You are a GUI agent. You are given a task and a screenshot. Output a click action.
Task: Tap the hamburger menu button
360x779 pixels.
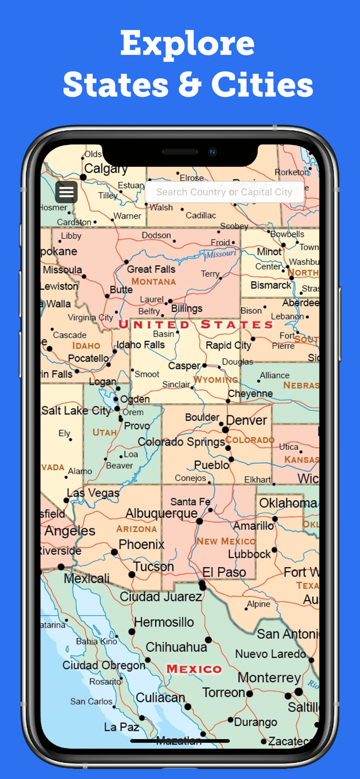[x=66, y=192]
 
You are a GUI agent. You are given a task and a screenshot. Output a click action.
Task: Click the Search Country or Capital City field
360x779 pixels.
[x=224, y=192]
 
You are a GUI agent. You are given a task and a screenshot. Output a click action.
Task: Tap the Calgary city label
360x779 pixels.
[x=106, y=169]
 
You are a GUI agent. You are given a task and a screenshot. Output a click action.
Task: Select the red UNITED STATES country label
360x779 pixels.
[x=196, y=325]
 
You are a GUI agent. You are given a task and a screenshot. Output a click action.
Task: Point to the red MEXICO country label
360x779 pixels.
[x=194, y=669]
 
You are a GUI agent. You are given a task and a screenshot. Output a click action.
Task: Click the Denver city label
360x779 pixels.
[x=247, y=420]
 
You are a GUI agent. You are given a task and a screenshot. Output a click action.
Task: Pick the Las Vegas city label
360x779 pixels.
[x=93, y=493]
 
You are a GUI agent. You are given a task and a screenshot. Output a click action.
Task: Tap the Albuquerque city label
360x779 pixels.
[x=162, y=514]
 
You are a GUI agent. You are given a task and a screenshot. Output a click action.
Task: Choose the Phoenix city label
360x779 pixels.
[x=141, y=545]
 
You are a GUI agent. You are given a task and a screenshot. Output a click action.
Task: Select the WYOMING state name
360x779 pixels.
[x=216, y=380]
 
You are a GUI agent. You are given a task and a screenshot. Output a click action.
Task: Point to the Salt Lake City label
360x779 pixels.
[x=76, y=411]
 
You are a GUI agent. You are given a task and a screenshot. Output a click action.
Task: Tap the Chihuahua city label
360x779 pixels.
[x=177, y=647]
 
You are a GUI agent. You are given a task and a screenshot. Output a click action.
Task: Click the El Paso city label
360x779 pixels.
[x=224, y=572]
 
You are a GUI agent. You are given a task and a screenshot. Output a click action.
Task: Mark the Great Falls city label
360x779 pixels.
[x=151, y=269]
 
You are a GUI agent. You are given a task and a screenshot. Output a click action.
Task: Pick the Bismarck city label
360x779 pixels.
[x=271, y=285]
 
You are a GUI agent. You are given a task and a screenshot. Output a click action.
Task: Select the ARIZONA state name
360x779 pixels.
[x=137, y=529]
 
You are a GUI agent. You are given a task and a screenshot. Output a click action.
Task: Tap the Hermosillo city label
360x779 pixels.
[x=164, y=622]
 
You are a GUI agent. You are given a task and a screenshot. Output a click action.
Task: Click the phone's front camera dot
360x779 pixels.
[x=212, y=152]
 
